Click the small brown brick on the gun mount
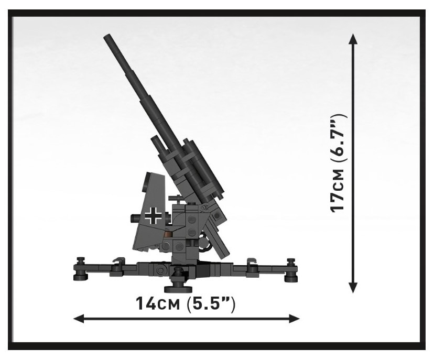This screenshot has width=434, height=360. tap(168, 235)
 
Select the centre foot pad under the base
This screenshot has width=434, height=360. tap(178, 289)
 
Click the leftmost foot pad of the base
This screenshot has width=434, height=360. tap(81, 277)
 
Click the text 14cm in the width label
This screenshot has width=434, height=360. tap(157, 303)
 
